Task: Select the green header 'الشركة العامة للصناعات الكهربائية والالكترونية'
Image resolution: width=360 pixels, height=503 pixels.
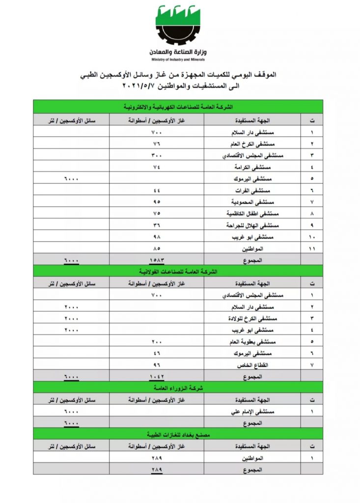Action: coord(178,106)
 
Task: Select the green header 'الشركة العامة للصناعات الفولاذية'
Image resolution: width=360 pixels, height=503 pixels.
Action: coord(178,271)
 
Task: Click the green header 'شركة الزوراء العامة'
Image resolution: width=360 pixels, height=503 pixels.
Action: coord(178,388)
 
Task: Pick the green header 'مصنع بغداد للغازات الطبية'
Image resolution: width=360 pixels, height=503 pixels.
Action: coord(178,434)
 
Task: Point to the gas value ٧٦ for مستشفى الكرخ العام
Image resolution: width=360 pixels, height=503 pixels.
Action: coord(157,144)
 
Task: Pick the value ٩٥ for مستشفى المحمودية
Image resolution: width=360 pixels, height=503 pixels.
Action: coord(157,202)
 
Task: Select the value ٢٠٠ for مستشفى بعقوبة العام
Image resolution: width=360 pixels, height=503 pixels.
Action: coord(157,341)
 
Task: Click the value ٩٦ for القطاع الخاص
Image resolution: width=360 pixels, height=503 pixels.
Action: coord(157,364)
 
